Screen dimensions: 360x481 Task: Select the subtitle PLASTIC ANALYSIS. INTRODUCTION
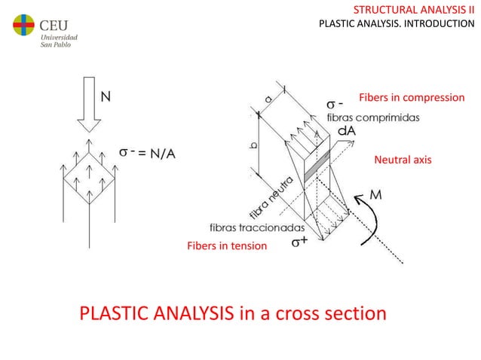(x=397, y=23)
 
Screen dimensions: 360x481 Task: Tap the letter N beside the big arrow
(x=108, y=96)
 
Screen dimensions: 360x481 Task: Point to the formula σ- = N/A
(x=149, y=153)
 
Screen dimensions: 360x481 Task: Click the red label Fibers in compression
(x=412, y=98)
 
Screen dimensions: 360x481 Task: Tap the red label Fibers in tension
(x=226, y=246)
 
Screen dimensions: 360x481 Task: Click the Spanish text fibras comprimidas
(x=372, y=117)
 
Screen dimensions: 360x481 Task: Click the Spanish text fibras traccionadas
(x=256, y=227)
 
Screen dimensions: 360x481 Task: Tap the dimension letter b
(x=253, y=145)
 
